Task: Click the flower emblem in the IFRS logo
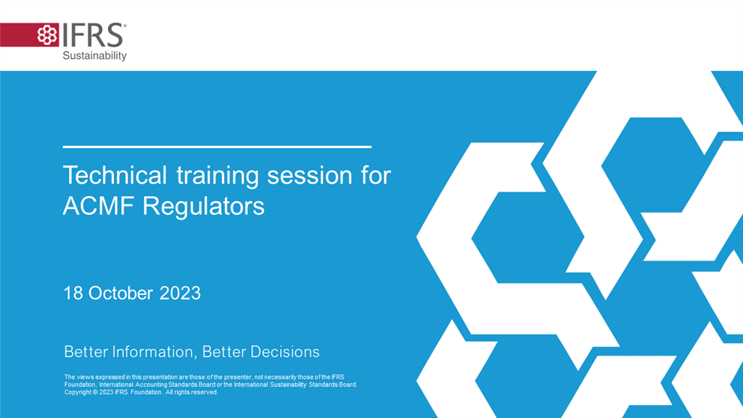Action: [x=47, y=35]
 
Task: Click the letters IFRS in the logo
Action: [x=93, y=35]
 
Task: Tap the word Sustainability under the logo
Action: [x=95, y=56]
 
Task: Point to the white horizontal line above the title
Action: [x=217, y=147]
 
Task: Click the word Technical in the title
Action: [x=115, y=175]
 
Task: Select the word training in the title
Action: [x=218, y=176]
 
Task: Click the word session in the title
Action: [x=310, y=176]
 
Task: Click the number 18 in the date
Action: [x=73, y=293]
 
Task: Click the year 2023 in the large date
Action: [x=180, y=293]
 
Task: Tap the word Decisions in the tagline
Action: [x=284, y=352]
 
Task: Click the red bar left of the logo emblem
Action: [x=18, y=35]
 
